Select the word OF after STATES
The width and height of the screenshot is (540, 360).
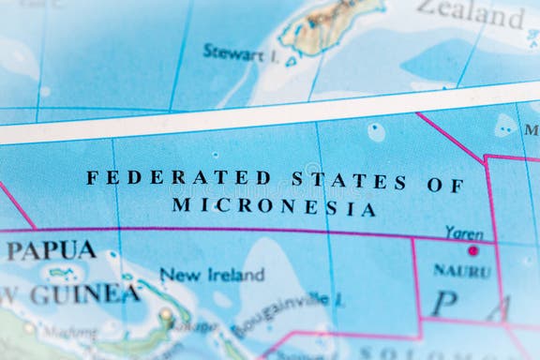coord(445,185)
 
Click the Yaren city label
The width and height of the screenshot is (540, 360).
coord(464,232)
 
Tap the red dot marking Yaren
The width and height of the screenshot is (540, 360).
coord(472,250)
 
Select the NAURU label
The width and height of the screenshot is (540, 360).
coord(461,271)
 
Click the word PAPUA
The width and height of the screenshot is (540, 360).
coord(51,250)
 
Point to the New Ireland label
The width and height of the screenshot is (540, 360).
coord(212,275)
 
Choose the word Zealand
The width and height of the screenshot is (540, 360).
coord(472,13)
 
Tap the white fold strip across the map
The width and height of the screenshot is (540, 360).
coord(270,118)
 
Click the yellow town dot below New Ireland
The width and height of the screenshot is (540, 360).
coord(166,315)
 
